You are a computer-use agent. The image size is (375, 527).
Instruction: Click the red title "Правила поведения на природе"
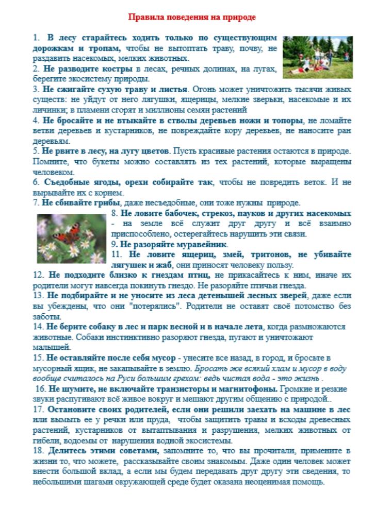pos(192,17)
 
